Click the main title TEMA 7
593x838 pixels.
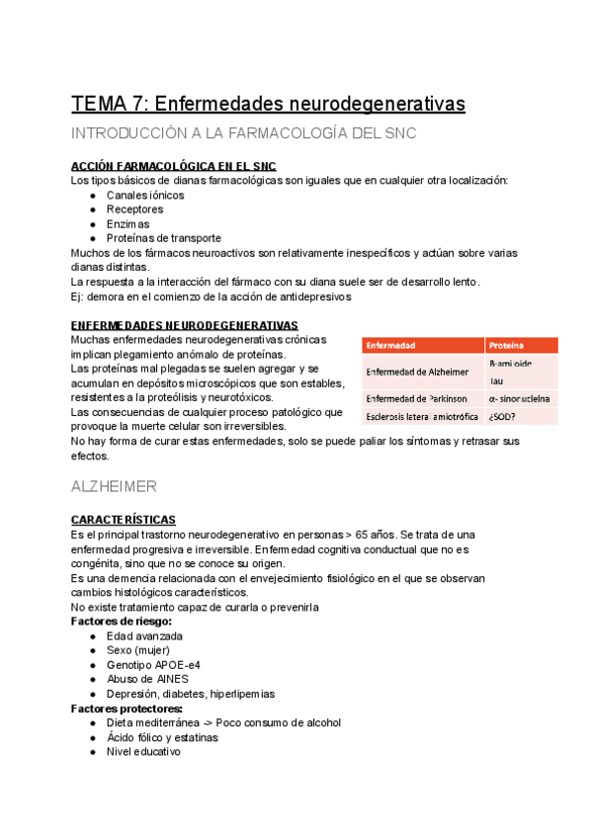pyautogui.click(x=267, y=103)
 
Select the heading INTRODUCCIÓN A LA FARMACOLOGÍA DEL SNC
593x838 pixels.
pyautogui.click(x=243, y=133)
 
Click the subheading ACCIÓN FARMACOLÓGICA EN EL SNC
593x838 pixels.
pyautogui.click(x=173, y=166)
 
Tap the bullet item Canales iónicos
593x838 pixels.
pyautogui.click(x=145, y=195)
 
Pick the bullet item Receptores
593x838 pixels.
pyautogui.click(x=134, y=209)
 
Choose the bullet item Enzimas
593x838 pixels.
pyautogui.click(x=128, y=223)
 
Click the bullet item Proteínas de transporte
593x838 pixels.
pyautogui.click(x=164, y=238)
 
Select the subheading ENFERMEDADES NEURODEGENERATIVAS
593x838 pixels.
pyautogui.click(x=184, y=325)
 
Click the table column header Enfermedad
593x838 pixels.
pyautogui.click(x=390, y=346)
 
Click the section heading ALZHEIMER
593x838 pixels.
pyautogui.click(x=115, y=487)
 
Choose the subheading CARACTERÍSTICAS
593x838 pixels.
pyautogui.click(x=124, y=519)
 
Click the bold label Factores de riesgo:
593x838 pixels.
pyautogui.click(x=122, y=621)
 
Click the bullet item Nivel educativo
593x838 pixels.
pyautogui.click(x=143, y=751)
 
